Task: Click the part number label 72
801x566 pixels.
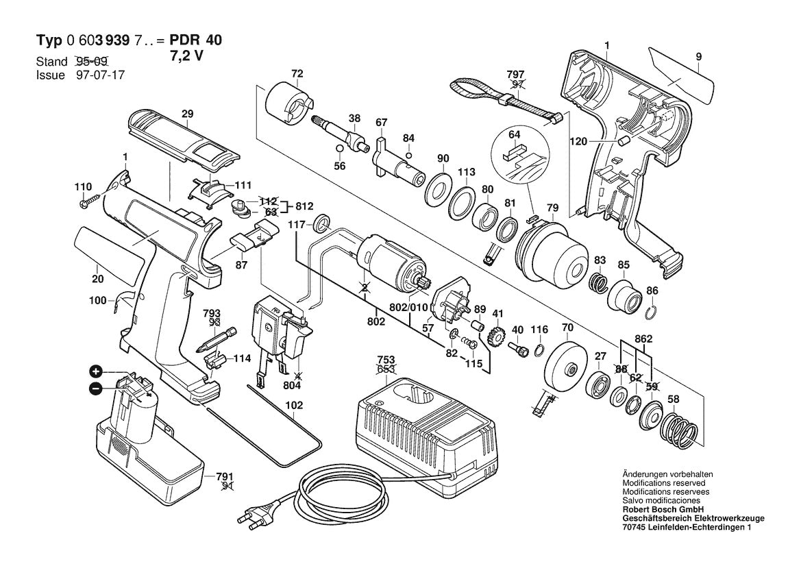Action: click(296, 73)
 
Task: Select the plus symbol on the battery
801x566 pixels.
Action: click(97, 372)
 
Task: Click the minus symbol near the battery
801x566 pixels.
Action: click(97, 388)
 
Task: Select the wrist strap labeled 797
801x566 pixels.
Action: click(507, 99)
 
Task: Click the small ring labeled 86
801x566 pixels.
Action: click(653, 313)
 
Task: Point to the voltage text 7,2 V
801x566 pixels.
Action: click(187, 57)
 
